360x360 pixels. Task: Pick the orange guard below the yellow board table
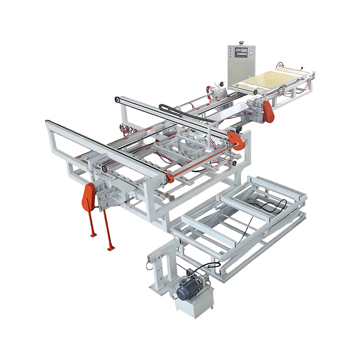pyautogui.click(x=268, y=111)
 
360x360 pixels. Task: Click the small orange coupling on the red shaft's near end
pyautogui.click(x=170, y=178)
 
